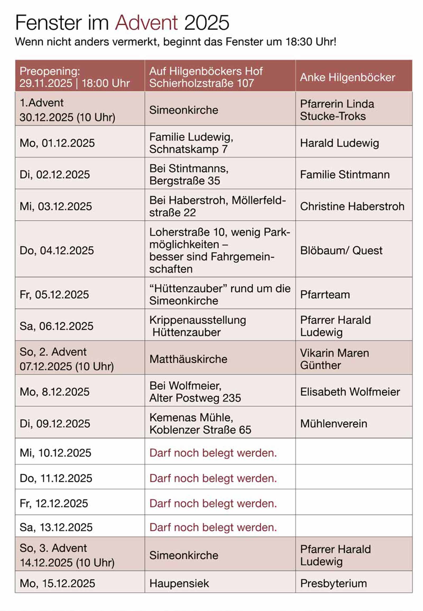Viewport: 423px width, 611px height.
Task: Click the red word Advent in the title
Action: (x=146, y=23)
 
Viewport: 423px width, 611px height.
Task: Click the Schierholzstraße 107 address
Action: (x=201, y=83)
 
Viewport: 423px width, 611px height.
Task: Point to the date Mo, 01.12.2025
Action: (x=57, y=143)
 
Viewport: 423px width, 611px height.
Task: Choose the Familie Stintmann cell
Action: (x=344, y=175)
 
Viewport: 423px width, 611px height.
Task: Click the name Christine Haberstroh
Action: (x=352, y=206)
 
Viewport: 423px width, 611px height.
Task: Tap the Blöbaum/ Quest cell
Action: (x=341, y=250)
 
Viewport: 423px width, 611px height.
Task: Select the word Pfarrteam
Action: (x=325, y=294)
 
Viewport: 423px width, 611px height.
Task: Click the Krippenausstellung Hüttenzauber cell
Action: (x=197, y=326)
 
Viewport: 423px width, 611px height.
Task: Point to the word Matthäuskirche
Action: (x=188, y=359)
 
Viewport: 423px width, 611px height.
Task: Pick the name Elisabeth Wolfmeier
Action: (x=350, y=392)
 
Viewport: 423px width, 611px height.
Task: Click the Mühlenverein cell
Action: (x=333, y=424)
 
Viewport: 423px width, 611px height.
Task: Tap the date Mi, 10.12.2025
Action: (x=56, y=453)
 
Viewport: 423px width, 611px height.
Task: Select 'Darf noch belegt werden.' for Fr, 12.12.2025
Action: (x=213, y=503)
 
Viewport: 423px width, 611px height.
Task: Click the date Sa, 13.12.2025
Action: (x=56, y=527)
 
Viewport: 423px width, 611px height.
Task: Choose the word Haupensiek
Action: (x=179, y=584)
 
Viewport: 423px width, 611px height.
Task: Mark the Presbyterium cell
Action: (x=333, y=584)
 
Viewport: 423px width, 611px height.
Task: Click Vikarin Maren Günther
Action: (x=334, y=359)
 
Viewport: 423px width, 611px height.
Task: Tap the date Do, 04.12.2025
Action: (x=57, y=250)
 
